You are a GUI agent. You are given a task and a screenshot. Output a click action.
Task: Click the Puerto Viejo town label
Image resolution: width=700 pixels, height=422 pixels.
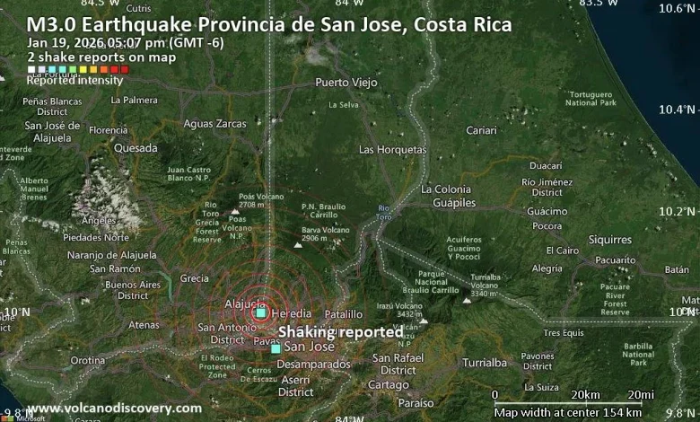(346, 83)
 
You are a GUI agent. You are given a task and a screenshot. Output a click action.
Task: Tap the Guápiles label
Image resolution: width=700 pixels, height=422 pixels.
(454, 203)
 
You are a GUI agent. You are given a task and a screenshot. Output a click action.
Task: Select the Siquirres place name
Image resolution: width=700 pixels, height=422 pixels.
(609, 240)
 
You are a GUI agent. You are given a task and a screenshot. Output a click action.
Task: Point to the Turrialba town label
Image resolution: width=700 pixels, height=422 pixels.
(485, 363)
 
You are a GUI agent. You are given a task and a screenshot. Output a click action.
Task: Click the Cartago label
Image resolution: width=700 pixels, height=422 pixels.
(389, 384)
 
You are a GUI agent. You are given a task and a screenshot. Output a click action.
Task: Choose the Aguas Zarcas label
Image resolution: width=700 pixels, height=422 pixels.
(214, 123)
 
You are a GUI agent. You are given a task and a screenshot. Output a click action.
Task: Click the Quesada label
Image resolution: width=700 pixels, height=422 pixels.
(136, 147)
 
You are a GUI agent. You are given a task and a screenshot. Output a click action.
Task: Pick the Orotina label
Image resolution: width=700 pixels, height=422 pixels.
(88, 360)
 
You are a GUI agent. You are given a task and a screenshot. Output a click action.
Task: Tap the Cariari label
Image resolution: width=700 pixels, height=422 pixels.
(481, 130)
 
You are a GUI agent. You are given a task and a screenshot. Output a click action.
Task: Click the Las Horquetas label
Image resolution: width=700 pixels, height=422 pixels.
(392, 149)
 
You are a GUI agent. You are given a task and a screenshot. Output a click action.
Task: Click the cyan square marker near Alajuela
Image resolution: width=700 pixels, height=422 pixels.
(260, 312)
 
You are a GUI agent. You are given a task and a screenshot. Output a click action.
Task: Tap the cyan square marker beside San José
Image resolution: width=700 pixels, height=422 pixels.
(276, 348)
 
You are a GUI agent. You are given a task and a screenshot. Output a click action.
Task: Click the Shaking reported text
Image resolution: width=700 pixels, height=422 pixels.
(340, 332)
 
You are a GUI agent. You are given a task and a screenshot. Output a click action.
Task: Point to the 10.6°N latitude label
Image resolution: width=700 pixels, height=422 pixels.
(678, 8)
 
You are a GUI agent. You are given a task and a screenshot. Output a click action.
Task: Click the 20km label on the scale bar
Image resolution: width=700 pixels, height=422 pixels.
(585, 395)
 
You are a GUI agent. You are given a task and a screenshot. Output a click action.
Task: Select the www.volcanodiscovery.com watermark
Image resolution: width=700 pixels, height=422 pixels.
(114, 409)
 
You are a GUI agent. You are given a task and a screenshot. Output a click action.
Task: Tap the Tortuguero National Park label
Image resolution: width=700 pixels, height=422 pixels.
(591, 98)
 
